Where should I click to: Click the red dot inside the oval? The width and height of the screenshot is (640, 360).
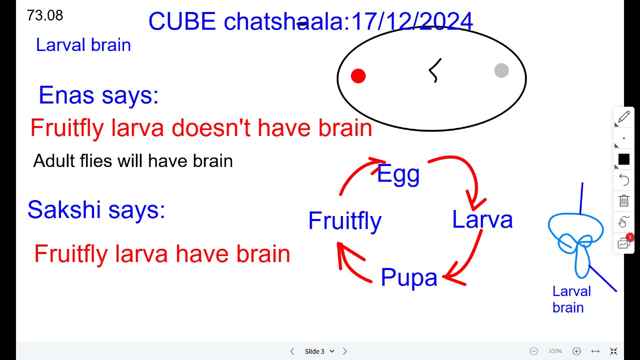pyautogui.click(x=358, y=76)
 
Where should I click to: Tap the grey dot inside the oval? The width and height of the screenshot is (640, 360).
pyautogui.click(x=501, y=70)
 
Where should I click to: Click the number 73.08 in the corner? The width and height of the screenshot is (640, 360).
pyautogui.click(x=45, y=15)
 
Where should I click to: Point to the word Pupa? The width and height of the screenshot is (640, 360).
pyautogui.click(x=409, y=277)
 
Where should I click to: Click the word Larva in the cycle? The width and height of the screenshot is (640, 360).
pyautogui.click(x=482, y=219)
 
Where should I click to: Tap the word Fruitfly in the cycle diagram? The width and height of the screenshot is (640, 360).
pyautogui.click(x=345, y=221)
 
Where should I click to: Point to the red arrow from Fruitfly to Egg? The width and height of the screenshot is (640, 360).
pyautogui.click(x=354, y=171)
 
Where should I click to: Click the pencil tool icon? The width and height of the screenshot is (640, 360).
pyautogui.click(x=623, y=117)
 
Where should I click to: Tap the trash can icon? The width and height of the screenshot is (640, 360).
pyautogui.click(x=623, y=200)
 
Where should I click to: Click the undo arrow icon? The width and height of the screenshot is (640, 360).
pyautogui.click(x=623, y=179)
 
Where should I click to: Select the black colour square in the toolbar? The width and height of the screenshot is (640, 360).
pyautogui.click(x=623, y=159)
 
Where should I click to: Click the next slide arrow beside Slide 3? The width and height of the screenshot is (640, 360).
pyautogui.click(x=345, y=351)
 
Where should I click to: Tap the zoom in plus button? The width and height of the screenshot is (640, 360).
pyautogui.click(x=576, y=351)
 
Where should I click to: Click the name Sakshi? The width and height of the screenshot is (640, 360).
pyautogui.click(x=64, y=209)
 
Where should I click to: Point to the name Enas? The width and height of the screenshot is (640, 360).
pyautogui.click(x=66, y=95)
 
